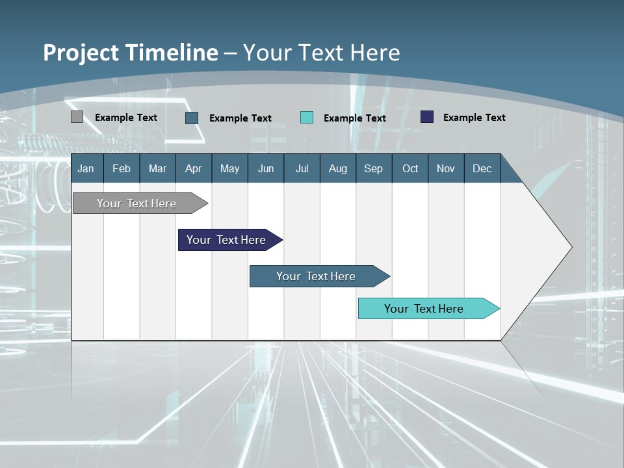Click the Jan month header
86,168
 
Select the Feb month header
122,168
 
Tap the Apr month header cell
193,168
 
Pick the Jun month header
266,168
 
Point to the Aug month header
337,168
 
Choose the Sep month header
373,168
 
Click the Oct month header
410,168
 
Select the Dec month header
482,168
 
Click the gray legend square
77,117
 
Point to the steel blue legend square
192,118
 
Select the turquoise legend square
307,118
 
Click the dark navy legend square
427,117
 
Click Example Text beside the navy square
474,118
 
